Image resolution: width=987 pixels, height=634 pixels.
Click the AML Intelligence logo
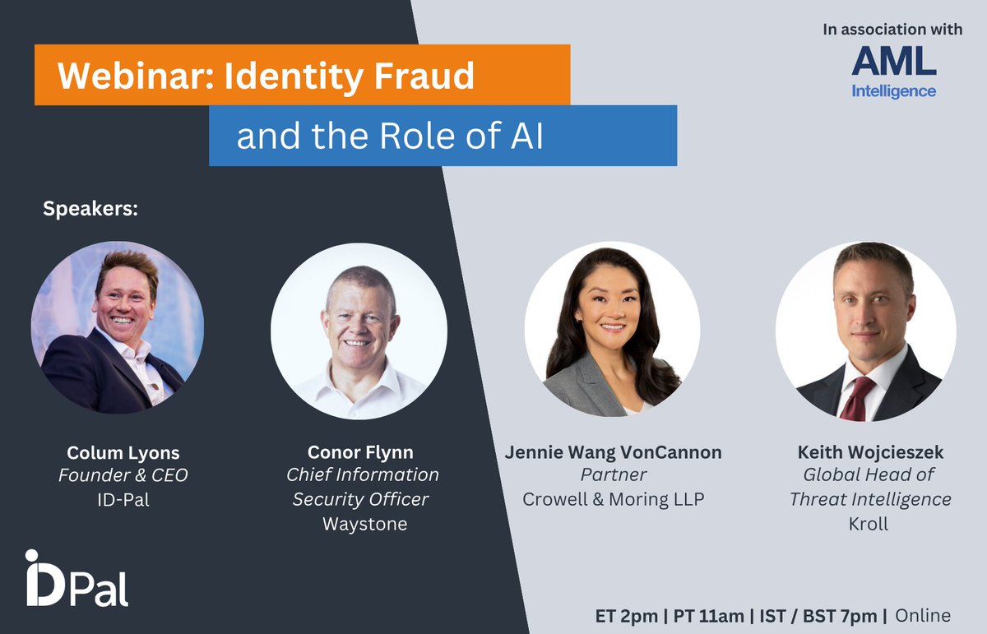pyautogui.click(x=893, y=72)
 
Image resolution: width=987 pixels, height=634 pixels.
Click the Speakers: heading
pyautogui.click(x=90, y=209)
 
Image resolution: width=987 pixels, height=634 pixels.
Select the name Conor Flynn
pyautogui.click(x=360, y=453)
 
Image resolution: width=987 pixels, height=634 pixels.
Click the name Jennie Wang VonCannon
pyautogui.click(x=613, y=453)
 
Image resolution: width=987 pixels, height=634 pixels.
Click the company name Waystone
pyautogui.click(x=364, y=524)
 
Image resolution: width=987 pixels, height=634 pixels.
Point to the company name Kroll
pyautogui.click(x=868, y=524)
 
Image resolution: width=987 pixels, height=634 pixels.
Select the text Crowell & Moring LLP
pyautogui.click(x=614, y=499)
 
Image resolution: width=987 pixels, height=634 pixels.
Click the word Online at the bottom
pyautogui.click(x=922, y=615)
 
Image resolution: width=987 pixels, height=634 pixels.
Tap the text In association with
pyautogui.click(x=892, y=30)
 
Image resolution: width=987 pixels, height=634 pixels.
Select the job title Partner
pyautogui.click(x=613, y=475)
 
